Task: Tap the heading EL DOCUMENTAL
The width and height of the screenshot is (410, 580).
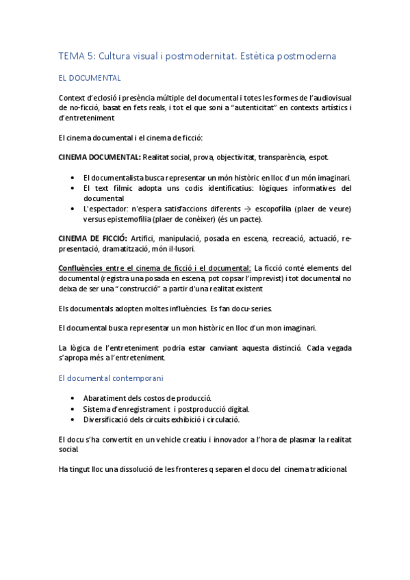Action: point(90,79)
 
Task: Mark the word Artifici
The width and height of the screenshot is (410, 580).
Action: point(144,239)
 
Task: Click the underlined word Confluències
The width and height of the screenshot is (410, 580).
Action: point(81,268)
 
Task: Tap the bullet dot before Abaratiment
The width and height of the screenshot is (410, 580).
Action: point(73,399)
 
